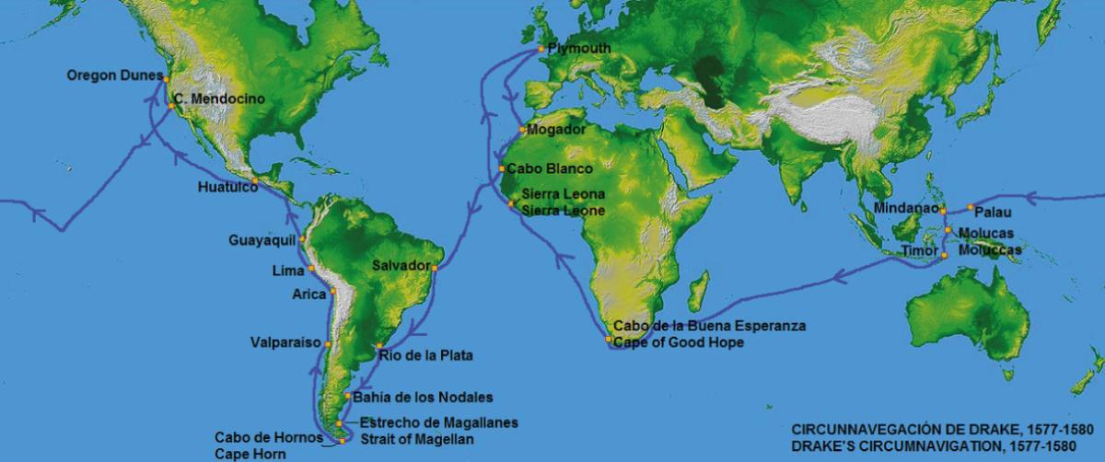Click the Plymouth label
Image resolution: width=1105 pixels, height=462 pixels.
[x=579, y=48]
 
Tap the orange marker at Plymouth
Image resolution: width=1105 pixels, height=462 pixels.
[x=542, y=49]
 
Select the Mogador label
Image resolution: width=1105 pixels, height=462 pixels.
[x=557, y=130]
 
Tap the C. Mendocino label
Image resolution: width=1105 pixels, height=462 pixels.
[x=219, y=98]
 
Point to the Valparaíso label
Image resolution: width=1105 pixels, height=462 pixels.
[x=285, y=342]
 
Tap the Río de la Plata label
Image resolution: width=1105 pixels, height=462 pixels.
[x=419, y=354]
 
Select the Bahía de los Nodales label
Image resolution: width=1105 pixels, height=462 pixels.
[x=423, y=398]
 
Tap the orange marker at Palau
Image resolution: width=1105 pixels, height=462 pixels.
[x=971, y=207]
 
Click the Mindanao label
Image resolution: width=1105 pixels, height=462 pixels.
[x=906, y=208]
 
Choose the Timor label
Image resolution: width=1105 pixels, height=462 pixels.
[x=918, y=249]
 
